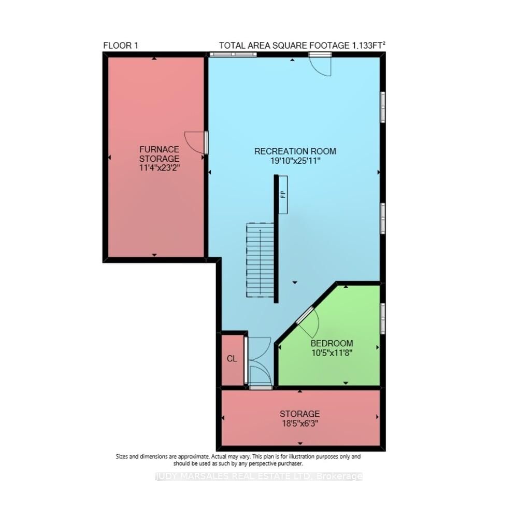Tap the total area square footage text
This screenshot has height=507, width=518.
tap(302, 46)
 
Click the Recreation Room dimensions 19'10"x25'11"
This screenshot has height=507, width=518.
tap(295, 161)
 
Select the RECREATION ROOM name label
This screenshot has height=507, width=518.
tap(295, 151)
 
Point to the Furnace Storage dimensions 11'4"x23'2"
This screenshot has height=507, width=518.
tap(159, 168)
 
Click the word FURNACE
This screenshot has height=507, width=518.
tap(159, 149)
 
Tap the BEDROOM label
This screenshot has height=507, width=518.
tap(332, 343)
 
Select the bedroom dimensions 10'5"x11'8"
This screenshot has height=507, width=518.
tap(332, 353)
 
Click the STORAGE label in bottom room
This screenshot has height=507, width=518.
tap(299, 414)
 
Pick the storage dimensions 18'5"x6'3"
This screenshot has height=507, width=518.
tap(299, 424)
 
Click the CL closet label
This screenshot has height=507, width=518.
tap(232, 359)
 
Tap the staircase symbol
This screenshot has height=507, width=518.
tap(260, 260)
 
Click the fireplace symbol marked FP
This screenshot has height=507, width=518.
tap(283, 195)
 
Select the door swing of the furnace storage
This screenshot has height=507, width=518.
tap(196, 143)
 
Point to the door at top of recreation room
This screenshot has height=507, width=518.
tap(320, 64)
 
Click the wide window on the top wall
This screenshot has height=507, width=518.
tap(233, 54)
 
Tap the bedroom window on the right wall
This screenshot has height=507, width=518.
tap(383, 318)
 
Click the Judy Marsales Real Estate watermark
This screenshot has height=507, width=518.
tap(259, 476)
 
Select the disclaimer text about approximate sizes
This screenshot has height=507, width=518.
tap(238, 460)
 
